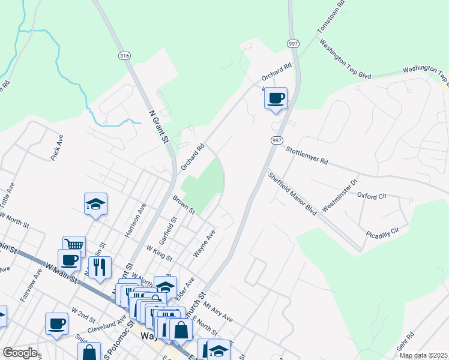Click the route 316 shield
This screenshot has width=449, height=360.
[124, 56]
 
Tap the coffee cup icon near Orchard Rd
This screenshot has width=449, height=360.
[276, 98]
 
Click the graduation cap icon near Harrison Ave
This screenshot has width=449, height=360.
[95, 205]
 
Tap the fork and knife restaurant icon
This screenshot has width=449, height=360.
[100, 267]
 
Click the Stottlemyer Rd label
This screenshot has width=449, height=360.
[306, 156]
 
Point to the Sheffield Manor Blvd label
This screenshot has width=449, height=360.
[292, 194]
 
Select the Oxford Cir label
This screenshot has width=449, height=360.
[373, 195]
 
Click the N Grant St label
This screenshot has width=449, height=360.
[158, 126]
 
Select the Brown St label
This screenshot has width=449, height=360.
[184, 204]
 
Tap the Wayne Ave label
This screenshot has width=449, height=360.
[204, 243]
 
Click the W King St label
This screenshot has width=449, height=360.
[160, 253]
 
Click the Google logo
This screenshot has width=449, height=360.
[20, 353]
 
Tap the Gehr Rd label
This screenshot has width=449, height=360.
[406, 343]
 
